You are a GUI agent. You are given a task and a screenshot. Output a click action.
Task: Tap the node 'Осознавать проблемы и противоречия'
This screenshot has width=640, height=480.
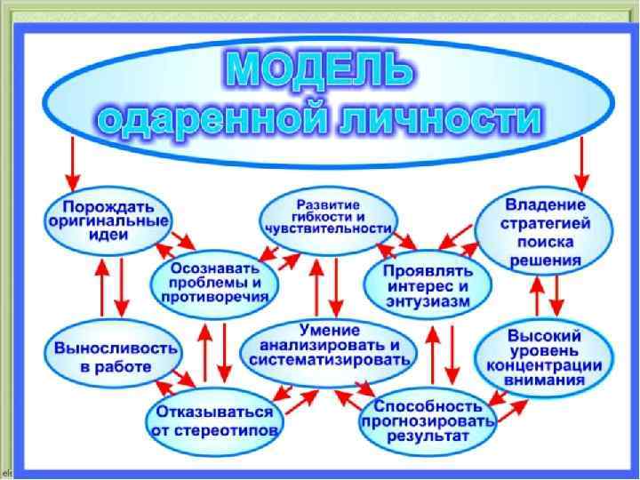coord(217,282)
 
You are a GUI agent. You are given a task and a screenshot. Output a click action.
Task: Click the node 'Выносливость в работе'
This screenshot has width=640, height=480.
coord(105,354)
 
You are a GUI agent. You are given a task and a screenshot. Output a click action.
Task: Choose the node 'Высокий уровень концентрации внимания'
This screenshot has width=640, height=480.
coord(546,357)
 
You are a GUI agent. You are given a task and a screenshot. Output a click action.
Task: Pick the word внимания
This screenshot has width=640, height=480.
coord(546,380)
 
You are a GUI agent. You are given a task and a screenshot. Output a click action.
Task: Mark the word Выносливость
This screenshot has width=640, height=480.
coord(105,344)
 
